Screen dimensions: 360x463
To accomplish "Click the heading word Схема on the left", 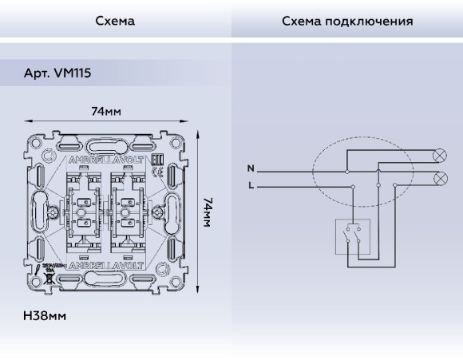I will pos(115,20).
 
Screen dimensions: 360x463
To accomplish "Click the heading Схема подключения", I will pos(347,20).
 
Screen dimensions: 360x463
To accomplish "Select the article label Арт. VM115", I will pos(57,73).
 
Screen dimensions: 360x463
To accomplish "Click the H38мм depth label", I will pos(45,315).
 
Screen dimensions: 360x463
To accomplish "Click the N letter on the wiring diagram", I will pos(251,169).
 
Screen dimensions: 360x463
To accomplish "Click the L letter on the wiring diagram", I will pos(251,185).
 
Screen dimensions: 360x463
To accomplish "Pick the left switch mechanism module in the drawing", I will pos(83,212).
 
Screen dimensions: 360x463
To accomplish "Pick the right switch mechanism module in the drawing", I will pos(128,212).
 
